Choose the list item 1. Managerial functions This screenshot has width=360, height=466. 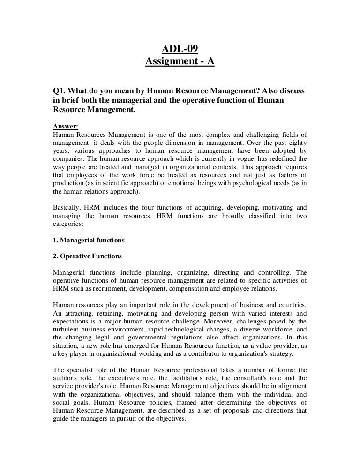pos(89,241)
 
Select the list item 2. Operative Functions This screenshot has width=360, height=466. pos(87,256)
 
